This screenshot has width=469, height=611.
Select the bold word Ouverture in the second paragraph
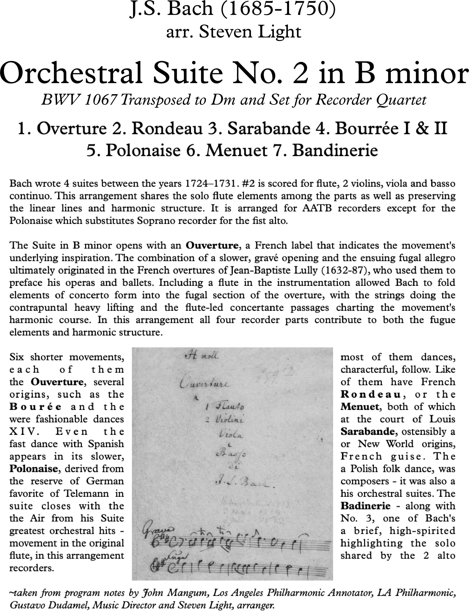point(212,245)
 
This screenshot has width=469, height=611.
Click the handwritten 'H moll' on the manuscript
point(202,356)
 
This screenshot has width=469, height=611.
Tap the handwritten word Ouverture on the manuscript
point(205,384)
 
